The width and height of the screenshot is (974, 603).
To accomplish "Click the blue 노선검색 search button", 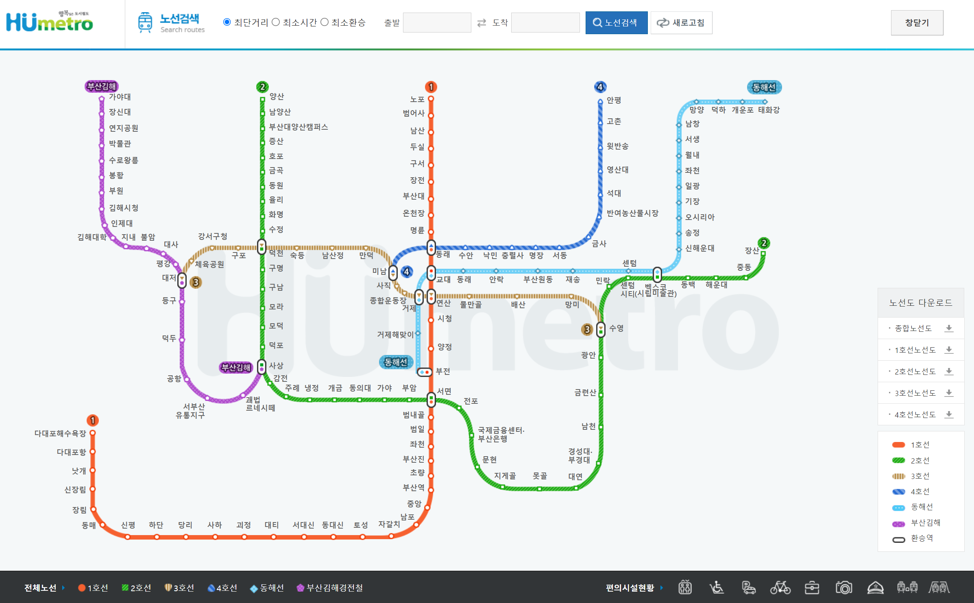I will pyautogui.click(x=616, y=23).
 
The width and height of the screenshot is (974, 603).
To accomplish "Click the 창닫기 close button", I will pyautogui.click(x=917, y=23).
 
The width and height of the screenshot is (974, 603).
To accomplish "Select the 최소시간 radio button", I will pyautogui.click(x=276, y=22).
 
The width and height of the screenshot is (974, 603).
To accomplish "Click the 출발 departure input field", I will pyautogui.click(x=437, y=23).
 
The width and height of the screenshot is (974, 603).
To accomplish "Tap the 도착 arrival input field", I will pyautogui.click(x=545, y=23).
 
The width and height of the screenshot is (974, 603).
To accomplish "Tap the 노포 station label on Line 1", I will pyautogui.click(x=417, y=99).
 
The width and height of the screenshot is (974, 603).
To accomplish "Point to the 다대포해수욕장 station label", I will pyautogui.click(x=60, y=433).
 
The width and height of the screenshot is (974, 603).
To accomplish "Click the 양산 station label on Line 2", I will pyautogui.click(x=277, y=96).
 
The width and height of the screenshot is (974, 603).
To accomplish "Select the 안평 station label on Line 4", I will pyautogui.click(x=614, y=100).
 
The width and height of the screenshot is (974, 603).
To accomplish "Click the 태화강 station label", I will pyautogui.click(x=769, y=110).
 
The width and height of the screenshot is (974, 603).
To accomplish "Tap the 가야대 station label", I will pyautogui.click(x=120, y=97).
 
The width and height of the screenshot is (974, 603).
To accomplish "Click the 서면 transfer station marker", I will pyautogui.click(x=431, y=399).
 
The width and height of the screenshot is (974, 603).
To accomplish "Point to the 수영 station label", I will pyautogui.click(x=616, y=328).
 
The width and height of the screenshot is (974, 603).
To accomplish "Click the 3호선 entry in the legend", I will pyautogui.click(x=920, y=476).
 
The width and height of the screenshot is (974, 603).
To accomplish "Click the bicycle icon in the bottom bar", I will pyautogui.click(x=780, y=588).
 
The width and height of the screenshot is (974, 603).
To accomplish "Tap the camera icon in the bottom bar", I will pyautogui.click(x=843, y=588).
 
